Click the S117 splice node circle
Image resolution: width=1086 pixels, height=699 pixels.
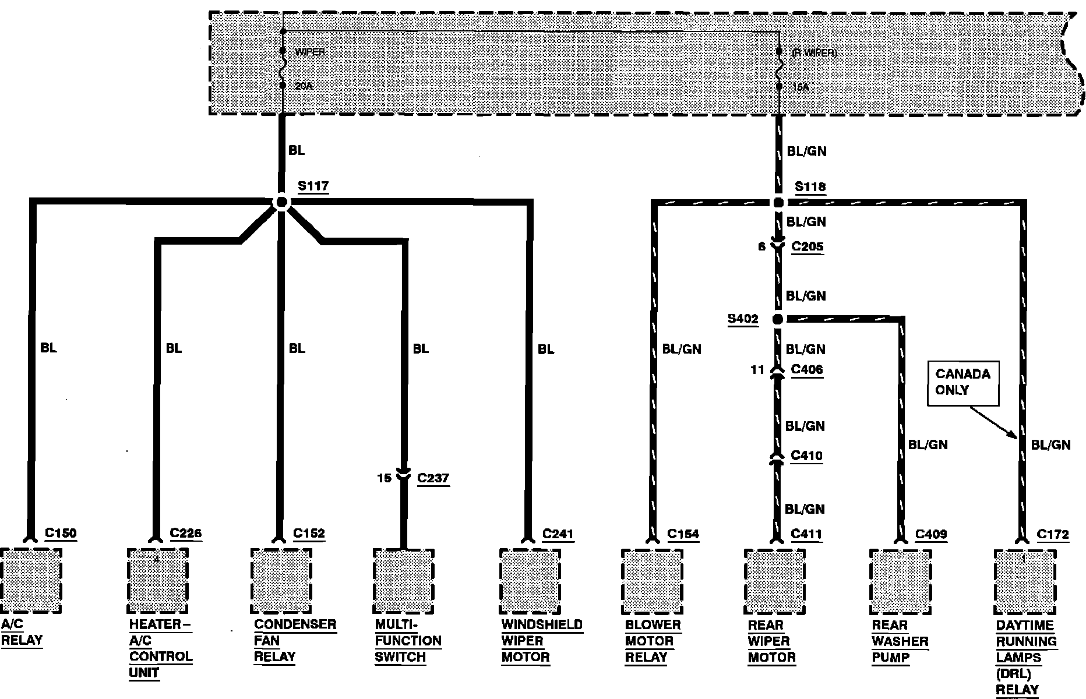281,202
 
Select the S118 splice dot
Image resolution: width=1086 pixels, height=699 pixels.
778,203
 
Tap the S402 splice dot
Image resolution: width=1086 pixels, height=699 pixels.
778,319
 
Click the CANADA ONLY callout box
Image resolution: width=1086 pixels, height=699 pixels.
962,383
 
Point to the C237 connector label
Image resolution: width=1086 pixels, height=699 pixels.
433,478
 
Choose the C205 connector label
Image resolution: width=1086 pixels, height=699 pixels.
807,246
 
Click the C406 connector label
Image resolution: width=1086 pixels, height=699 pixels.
807,369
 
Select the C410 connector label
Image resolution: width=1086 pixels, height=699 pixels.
806,456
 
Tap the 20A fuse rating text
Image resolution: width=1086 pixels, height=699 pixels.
304,86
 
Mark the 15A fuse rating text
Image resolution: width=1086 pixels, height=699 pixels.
801,87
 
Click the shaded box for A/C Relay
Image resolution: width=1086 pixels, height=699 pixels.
31,581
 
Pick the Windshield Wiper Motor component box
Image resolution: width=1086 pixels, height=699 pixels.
530,581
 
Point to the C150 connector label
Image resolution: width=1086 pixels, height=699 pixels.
60,533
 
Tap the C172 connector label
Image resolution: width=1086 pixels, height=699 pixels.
1053,534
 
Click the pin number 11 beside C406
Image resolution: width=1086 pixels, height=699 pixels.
757,370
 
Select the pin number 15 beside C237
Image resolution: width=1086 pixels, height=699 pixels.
384,478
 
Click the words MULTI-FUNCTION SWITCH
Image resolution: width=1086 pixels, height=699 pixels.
408,641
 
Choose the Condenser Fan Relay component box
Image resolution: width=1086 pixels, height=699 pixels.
281,581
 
